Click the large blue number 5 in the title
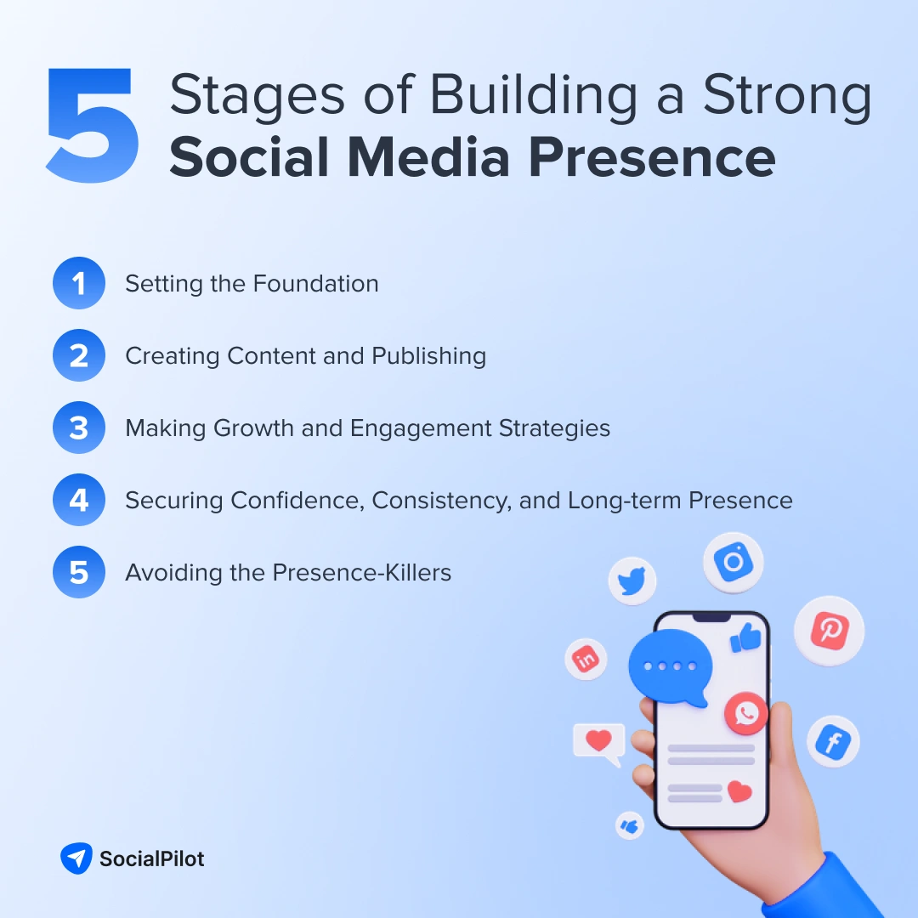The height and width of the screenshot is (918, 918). [x=92, y=127]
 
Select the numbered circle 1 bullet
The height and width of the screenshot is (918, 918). [x=78, y=284]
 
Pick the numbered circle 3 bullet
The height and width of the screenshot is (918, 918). [x=78, y=428]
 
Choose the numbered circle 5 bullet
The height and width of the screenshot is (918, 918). [x=78, y=573]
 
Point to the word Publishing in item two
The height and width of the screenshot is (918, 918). [x=429, y=356]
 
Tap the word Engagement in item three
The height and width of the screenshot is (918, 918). [x=420, y=428]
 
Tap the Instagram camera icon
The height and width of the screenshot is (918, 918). [x=733, y=563]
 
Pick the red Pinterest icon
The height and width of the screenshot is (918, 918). [x=829, y=632]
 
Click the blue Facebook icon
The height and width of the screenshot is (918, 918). [x=833, y=742]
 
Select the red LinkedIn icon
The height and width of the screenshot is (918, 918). [x=586, y=659]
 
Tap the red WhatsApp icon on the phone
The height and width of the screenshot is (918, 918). [x=746, y=713]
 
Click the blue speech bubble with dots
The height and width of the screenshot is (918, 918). [x=669, y=666]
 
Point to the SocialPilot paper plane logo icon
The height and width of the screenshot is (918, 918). [x=76, y=858]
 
